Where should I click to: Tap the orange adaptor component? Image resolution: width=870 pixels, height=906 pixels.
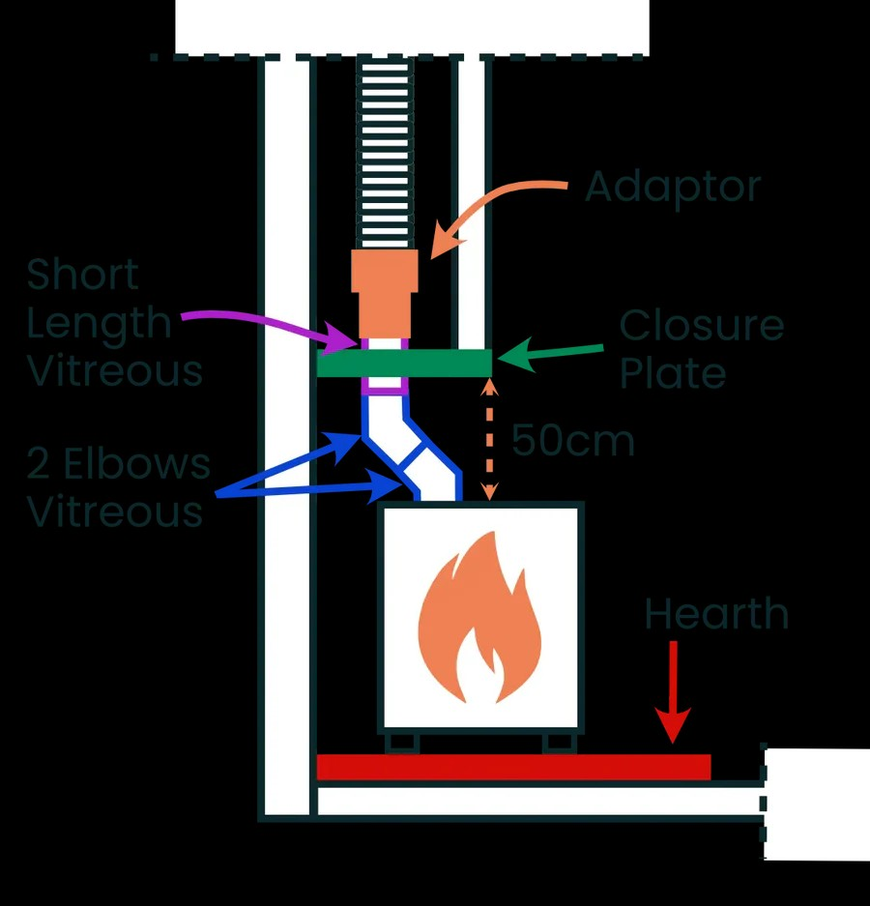click(385, 294)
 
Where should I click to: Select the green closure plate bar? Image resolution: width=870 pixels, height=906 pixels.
click(404, 363)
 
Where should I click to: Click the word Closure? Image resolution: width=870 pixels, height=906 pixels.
click(701, 325)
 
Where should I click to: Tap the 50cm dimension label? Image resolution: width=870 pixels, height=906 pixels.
click(573, 441)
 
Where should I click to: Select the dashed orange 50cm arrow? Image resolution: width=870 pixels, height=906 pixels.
click(490, 439)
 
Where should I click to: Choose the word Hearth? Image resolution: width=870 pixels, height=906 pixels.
click(716, 614)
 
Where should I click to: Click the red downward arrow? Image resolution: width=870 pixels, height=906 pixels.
click(673, 691)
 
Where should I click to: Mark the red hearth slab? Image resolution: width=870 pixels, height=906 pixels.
click(513, 768)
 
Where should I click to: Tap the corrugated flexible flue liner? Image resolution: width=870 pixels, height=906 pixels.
click(386, 153)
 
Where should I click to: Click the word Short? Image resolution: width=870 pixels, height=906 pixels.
click(82, 274)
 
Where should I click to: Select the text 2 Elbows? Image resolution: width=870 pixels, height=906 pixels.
click(119, 464)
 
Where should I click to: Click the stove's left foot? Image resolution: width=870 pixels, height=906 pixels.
click(401, 743)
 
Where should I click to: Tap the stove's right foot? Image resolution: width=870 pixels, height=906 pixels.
click(559, 743)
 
